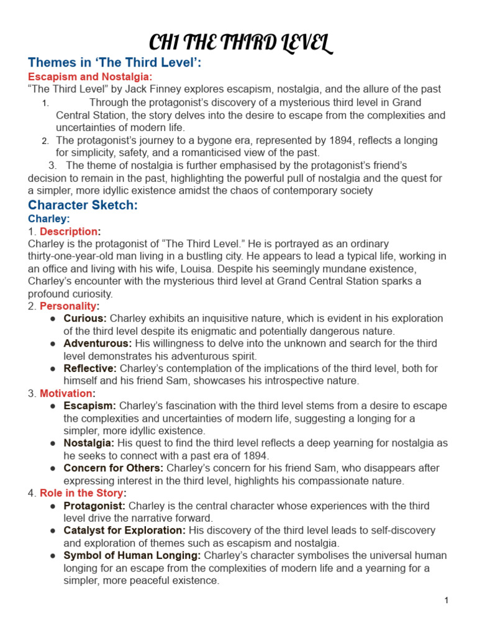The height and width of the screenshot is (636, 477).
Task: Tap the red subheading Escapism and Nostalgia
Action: coord(89,76)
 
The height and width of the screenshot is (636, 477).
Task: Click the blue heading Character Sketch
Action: coord(83,205)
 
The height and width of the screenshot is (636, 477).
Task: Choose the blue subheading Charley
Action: coord(48,219)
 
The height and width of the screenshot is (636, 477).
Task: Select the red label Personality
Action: coord(68,306)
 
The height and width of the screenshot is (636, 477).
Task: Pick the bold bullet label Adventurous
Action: coord(98,343)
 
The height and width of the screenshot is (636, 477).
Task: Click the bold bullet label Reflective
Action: coord(90,368)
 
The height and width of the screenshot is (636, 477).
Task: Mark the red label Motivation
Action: coord(66,393)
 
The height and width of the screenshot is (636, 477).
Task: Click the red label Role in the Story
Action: coord(81,493)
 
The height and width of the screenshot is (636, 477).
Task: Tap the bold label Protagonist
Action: coord(94,506)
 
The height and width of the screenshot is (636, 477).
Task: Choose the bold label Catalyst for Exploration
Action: coord(124,530)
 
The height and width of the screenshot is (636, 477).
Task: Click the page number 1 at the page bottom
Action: coord(446,600)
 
